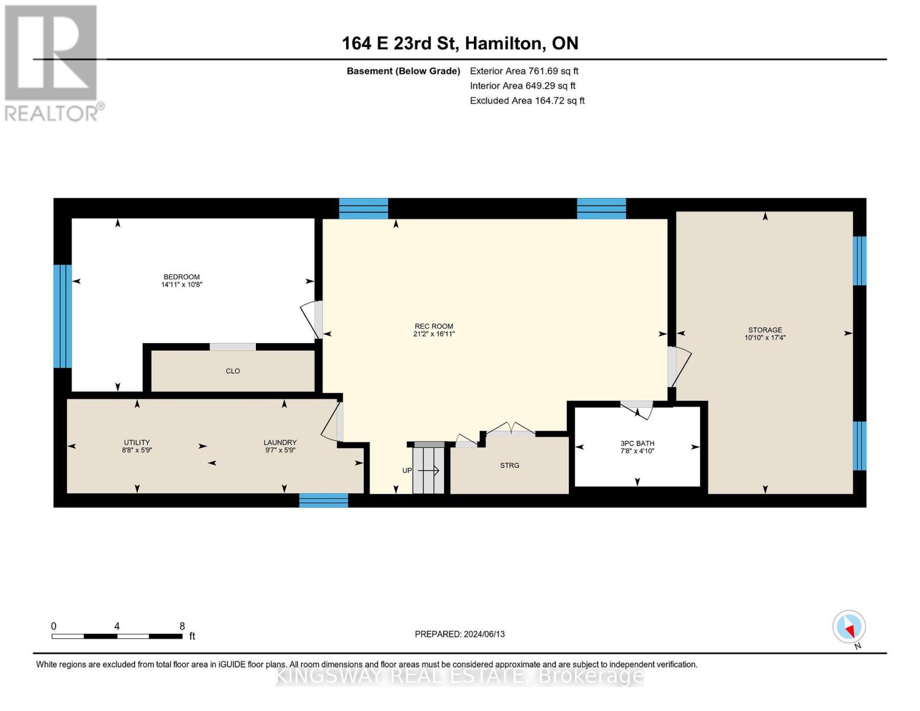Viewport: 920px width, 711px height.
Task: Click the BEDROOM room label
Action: [181, 277]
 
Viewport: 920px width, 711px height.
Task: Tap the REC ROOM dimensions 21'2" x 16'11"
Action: [434, 334]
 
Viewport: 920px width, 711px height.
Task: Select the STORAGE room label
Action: [765, 330]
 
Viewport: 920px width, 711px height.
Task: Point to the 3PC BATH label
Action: [637, 443]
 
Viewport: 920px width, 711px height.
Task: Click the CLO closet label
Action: [233, 371]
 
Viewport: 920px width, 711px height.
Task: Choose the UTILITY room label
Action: [137, 443]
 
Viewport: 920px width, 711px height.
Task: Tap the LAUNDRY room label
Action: [280, 443]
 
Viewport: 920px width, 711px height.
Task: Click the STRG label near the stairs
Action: [509, 466]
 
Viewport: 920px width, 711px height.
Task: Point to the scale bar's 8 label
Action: [182, 626]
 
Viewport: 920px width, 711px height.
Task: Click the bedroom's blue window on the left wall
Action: [62, 316]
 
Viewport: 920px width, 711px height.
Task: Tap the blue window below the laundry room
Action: [323, 501]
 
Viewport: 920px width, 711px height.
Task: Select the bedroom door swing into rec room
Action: [312, 320]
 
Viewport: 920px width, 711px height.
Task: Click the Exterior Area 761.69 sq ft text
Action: [524, 71]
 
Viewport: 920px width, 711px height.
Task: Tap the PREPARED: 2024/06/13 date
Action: [460, 634]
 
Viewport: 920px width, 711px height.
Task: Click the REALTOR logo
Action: [52, 62]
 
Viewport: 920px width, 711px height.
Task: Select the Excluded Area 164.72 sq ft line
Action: [527, 101]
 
